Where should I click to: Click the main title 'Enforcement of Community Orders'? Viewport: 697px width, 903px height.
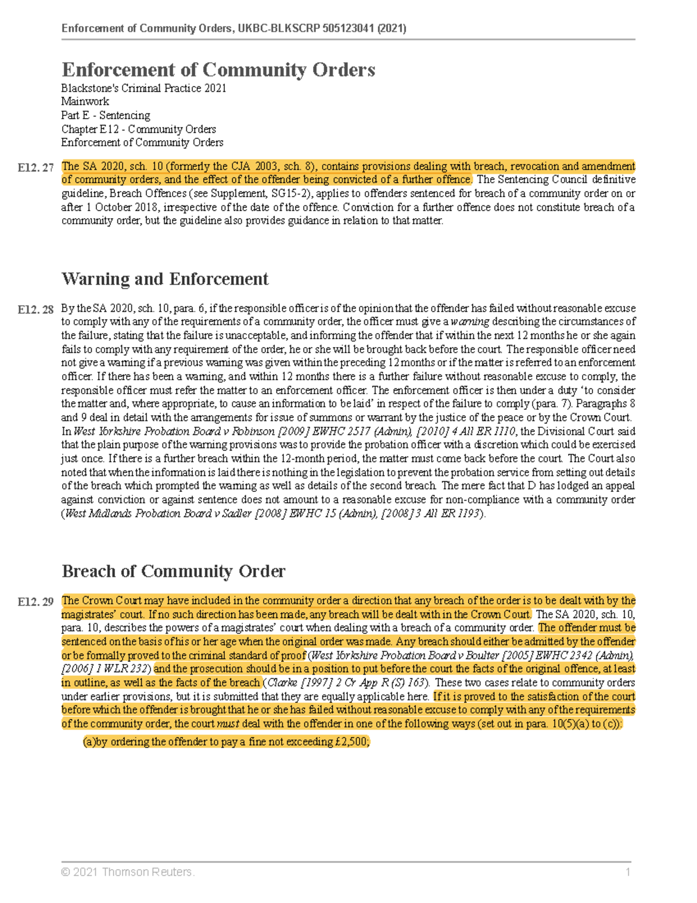[218, 70]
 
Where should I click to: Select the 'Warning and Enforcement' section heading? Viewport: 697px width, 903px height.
[165, 279]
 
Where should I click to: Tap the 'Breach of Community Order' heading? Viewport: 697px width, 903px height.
[173, 571]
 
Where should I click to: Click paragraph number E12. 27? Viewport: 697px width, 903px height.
[35, 167]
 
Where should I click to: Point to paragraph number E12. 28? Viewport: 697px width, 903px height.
[35, 309]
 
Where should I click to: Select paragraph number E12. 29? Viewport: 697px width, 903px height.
[35, 602]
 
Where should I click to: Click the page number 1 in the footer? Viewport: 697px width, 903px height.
[627, 872]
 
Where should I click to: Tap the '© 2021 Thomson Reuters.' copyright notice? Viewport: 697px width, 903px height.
[128, 872]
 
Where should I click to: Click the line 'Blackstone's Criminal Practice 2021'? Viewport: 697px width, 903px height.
[143, 88]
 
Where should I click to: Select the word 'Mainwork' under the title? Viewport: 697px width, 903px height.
[85, 102]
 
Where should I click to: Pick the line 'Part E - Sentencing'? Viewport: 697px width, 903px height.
[106, 115]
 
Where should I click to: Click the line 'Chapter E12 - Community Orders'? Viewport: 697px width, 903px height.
[138, 129]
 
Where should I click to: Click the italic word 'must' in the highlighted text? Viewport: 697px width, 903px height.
[228, 724]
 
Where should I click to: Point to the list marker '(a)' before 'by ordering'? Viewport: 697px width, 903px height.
[89, 742]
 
